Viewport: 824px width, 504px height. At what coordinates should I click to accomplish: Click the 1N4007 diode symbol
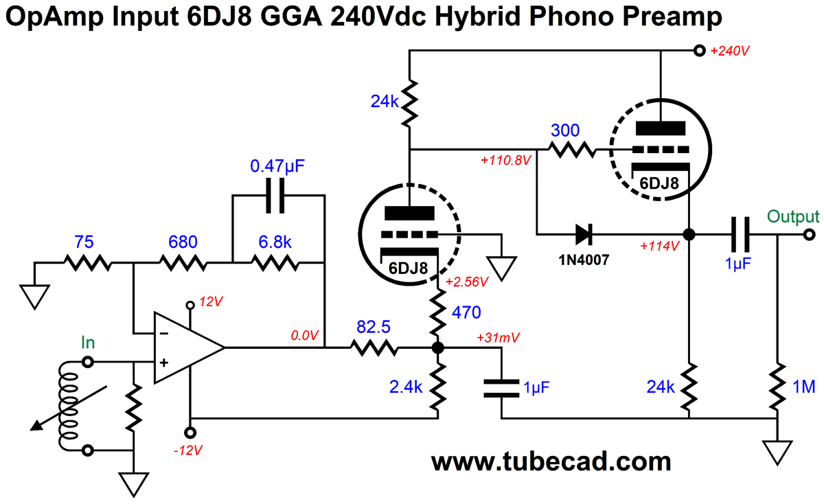click(x=583, y=234)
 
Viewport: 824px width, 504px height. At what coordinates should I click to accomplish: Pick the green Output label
click(x=793, y=216)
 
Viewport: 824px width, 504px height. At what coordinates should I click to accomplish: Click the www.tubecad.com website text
click(x=550, y=461)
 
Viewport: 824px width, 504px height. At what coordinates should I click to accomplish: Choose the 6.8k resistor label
click(x=275, y=242)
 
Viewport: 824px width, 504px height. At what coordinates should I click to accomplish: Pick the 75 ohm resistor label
click(x=85, y=242)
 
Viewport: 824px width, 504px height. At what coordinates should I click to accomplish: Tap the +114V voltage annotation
click(x=658, y=245)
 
